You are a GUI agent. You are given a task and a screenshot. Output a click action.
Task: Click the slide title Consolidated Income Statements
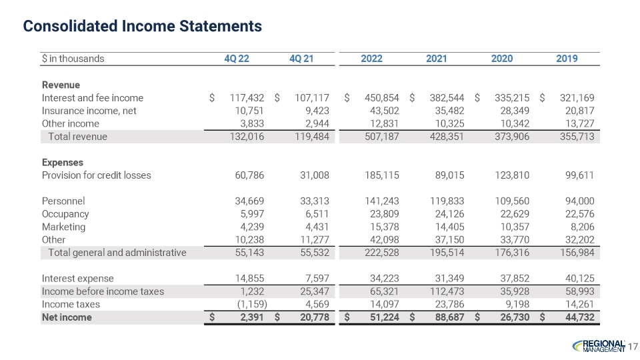click(x=143, y=26)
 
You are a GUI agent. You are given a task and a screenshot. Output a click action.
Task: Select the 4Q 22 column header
click(x=237, y=59)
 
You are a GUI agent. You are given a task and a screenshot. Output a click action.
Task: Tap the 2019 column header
click(x=567, y=59)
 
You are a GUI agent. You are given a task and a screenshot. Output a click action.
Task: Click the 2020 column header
click(x=501, y=59)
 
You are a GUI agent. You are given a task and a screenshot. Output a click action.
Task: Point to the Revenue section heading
click(x=61, y=85)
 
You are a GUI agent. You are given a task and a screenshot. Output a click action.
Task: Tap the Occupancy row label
click(x=65, y=214)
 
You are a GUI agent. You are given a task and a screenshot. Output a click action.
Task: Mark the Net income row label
click(x=67, y=317)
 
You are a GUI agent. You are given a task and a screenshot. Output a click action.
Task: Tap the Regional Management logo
click(x=599, y=345)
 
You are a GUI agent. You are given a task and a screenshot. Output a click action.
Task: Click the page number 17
click(x=633, y=345)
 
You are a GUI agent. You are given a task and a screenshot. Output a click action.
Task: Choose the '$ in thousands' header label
click(x=73, y=59)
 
